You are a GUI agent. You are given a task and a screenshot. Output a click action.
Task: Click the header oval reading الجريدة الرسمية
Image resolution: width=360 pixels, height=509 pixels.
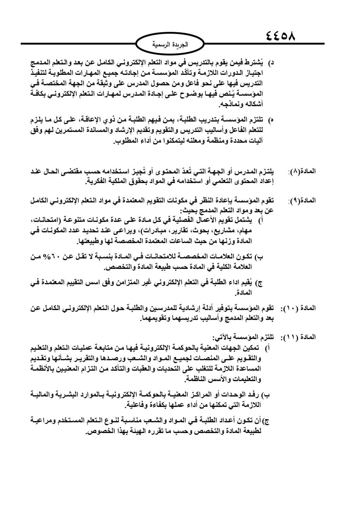170,44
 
